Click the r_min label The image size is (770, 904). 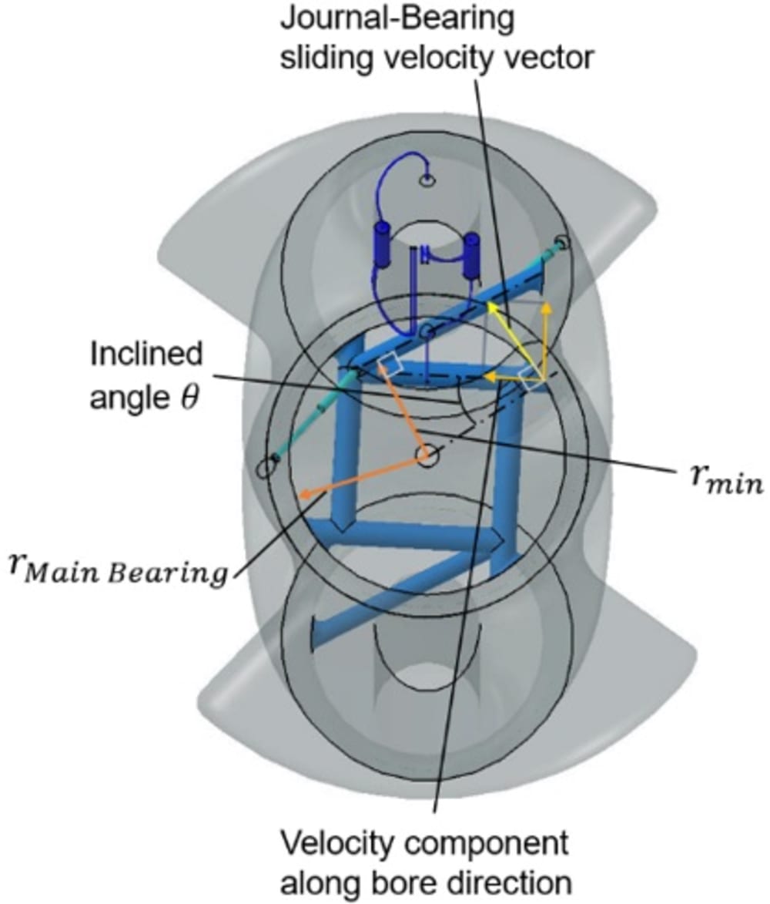point(725,483)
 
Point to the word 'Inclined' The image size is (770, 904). point(146,355)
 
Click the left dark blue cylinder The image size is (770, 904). point(383,245)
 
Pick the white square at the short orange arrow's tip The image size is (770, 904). point(392,364)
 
